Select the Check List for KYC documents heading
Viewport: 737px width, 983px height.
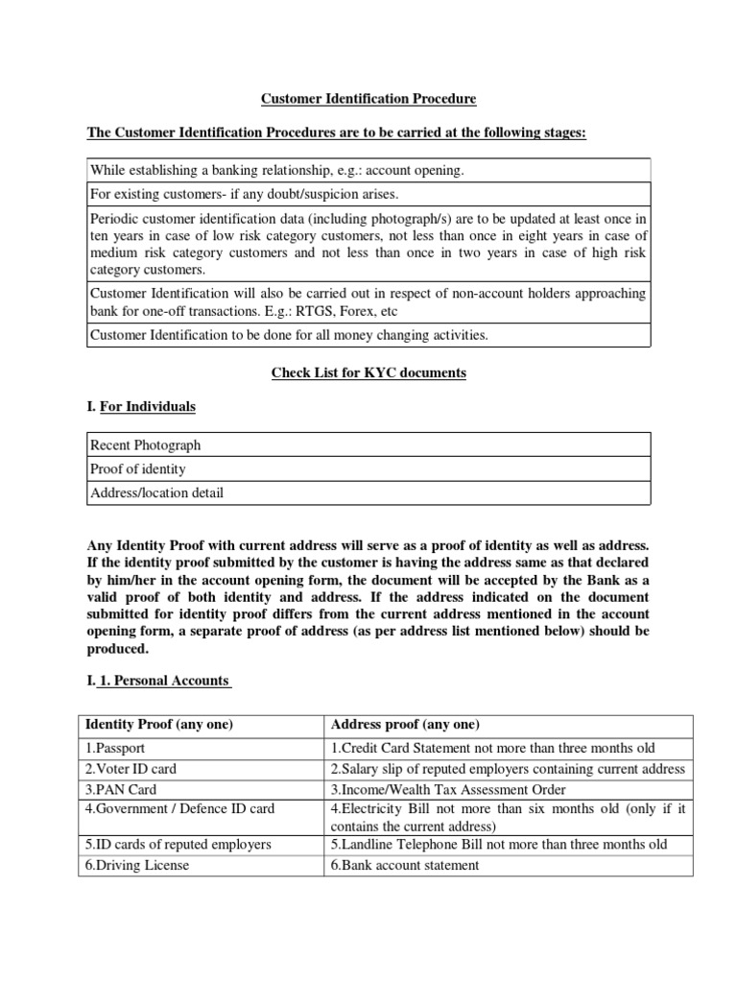pyautogui.click(x=369, y=373)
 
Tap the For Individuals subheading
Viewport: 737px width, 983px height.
pyautogui.click(x=148, y=407)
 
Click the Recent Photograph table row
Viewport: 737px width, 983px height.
pyautogui.click(x=145, y=445)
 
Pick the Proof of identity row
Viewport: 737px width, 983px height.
pyautogui.click(x=137, y=469)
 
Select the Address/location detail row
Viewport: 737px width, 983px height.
pyautogui.click(x=156, y=493)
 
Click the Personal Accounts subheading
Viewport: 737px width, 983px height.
pyautogui.click(x=165, y=681)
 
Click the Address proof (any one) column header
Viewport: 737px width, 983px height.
pyautogui.click(x=405, y=724)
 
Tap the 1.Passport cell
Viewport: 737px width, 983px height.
pyautogui.click(x=117, y=749)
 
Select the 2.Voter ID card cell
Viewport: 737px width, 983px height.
pyautogui.click(x=131, y=769)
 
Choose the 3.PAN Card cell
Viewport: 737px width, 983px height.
pyautogui.click(x=122, y=789)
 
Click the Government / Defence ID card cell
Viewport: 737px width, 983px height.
pyautogui.click(x=180, y=808)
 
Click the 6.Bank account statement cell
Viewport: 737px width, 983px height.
pyautogui.click(x=404, y=865)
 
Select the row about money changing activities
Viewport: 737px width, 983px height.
pyautogui.click(x=289, y=335)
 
